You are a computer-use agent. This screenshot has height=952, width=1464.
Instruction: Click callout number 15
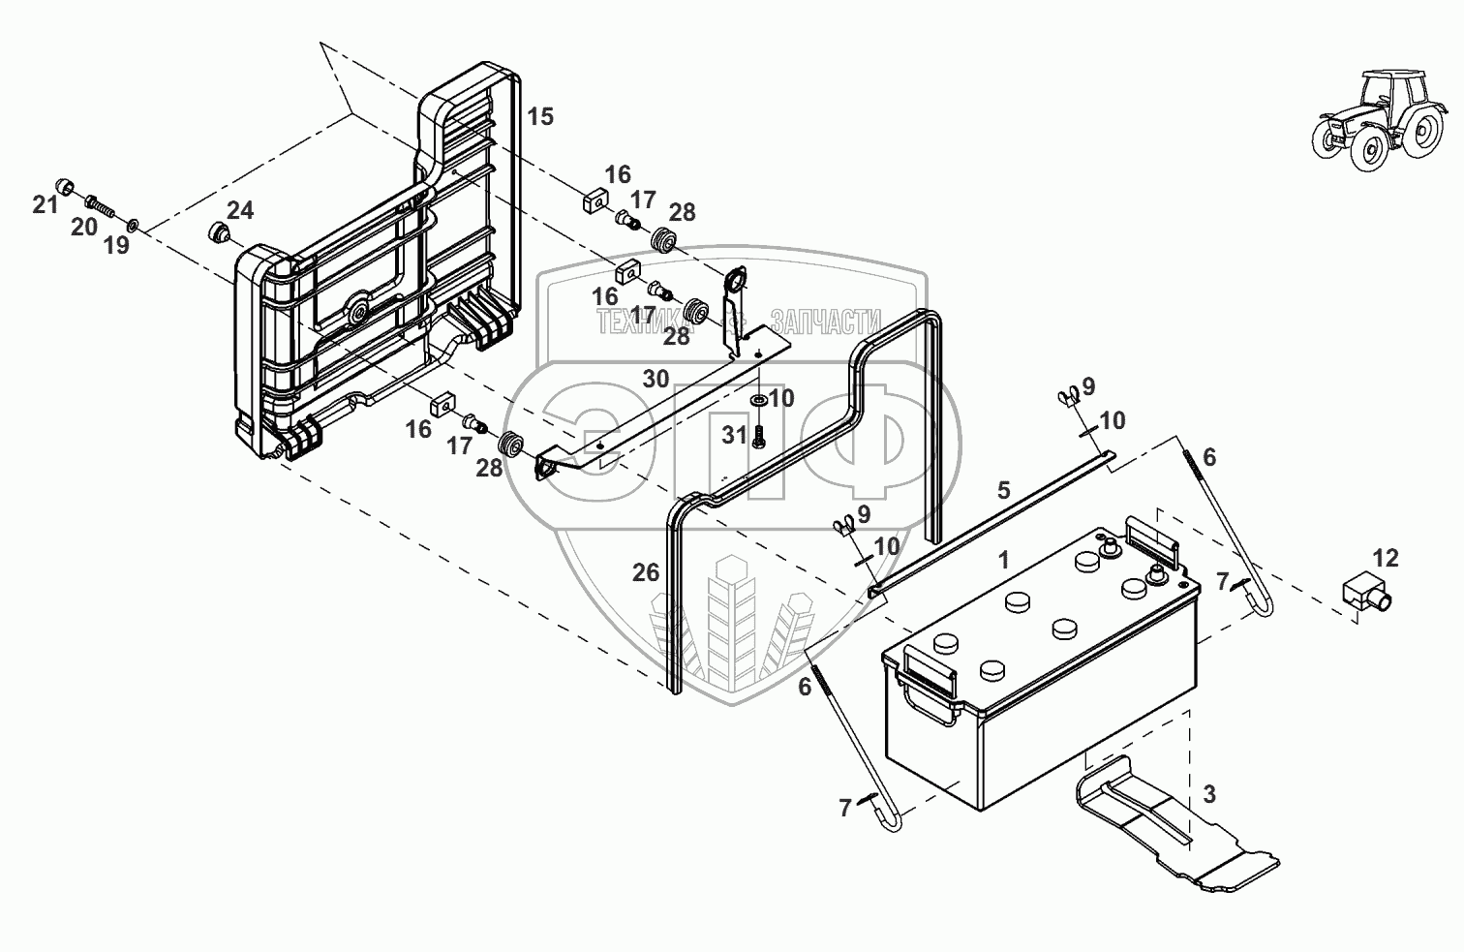point(540,117)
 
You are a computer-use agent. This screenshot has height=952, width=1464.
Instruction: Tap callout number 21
point(46,204)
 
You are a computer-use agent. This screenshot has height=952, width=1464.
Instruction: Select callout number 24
point(240,209)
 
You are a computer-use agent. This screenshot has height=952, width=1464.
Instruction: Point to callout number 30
point(656,379)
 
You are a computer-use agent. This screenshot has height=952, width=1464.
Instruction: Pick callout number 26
point(646,572)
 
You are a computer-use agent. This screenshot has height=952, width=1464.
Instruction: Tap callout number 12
point(1386,558)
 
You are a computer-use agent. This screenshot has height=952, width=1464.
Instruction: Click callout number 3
point(1209,795)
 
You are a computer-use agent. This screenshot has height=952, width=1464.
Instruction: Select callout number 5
point(1004,489)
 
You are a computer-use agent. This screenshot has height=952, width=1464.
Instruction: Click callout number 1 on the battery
point(1004,559)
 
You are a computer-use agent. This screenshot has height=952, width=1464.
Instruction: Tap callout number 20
point(84,227)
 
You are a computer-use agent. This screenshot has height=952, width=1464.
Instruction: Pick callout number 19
point(116,245)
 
